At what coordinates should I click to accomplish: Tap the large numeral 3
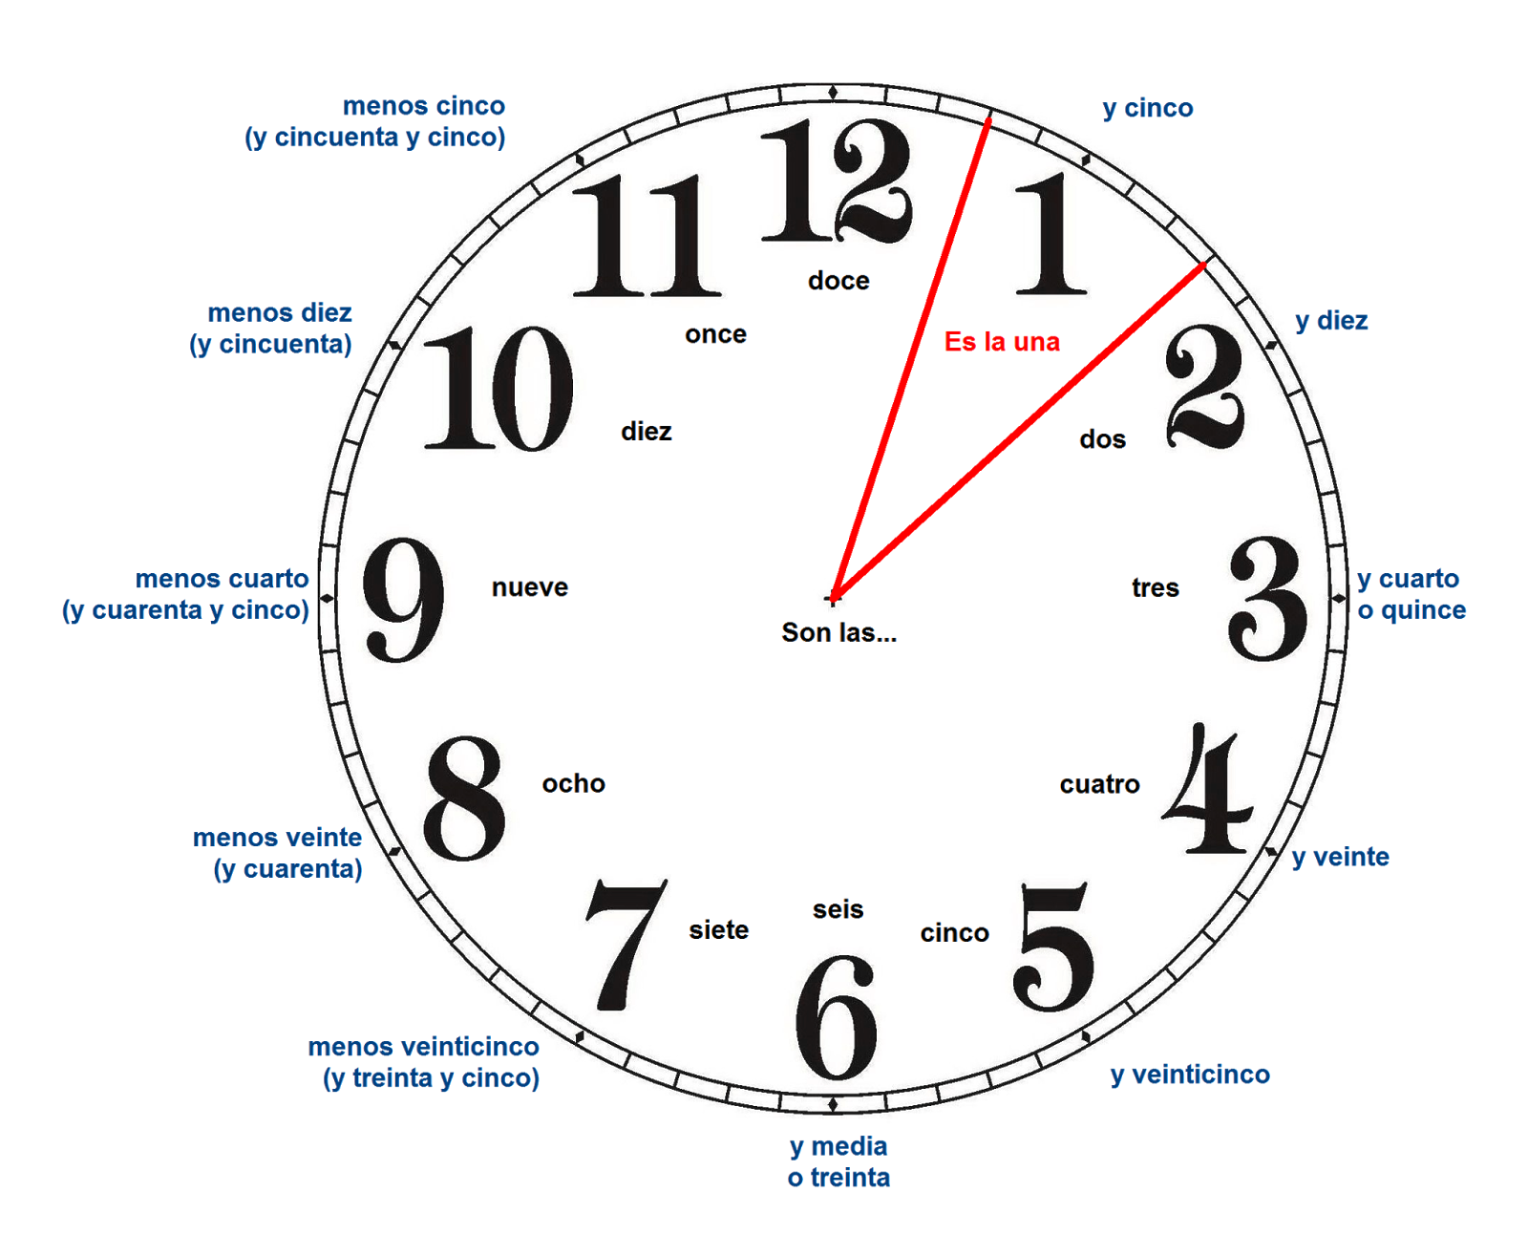tap(1268, 599)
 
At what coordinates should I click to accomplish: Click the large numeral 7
tap(626, 946)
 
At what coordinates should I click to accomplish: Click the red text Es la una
tap(1001, 342)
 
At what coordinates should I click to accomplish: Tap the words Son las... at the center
tap(838, 632)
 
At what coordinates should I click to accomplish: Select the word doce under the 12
tap(838, 281)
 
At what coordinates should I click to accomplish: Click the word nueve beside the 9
tap(530, 588)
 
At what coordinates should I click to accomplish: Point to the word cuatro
tap(1099, 785)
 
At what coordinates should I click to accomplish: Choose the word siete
tap(718, 930)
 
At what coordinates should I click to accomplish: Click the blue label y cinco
tap(1148, 109)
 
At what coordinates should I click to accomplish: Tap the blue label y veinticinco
tap(1190, 1075)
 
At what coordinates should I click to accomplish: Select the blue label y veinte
tap(1341, 858)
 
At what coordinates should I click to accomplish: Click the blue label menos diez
tap(280, 313)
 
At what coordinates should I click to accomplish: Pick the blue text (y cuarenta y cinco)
tap(186, 610)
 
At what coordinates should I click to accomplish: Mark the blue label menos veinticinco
tap(424, 1047)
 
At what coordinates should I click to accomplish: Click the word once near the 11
tap(715, 334)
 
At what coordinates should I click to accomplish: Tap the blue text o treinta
tap(838, 1178)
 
